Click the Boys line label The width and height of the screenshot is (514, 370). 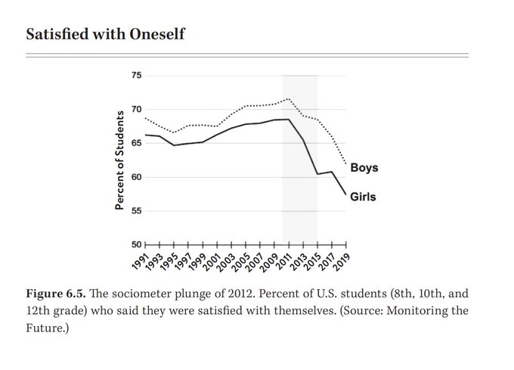(x=364, y=167)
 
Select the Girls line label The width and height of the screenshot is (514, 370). (x=363, y=197)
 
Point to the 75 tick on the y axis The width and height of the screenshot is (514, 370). (x=135, y=76)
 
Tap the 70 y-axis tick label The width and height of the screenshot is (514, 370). (x=135, y=110)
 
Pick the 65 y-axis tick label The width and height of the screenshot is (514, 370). (x=135, y=143)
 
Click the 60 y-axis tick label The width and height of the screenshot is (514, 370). (x=135, y=177)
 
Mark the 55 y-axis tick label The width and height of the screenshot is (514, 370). (x=135, y=211)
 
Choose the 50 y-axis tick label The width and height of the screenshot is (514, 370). (x=135, y=244)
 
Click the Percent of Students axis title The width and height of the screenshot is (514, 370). (x=119, y=160)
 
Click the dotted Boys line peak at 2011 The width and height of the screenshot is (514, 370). (x=288, y=99)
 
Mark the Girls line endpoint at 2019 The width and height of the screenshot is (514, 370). (x=346, y=195)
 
